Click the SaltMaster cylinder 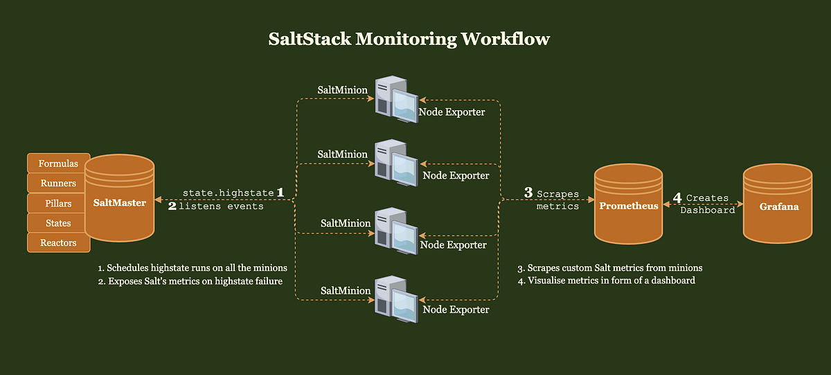(x=120, y=203)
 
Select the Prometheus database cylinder (x=629, y=205)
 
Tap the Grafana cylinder (x=778, y=205)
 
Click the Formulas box (x=58, y=164)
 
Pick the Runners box (x=58, y=184)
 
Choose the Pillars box (x=58, y=204)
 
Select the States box (x=58, y=223)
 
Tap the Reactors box (x=58, y=243)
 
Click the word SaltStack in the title (x=310, y=39)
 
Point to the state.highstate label (x=228, y=192)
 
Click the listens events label (x=221, y=207)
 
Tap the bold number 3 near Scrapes (x=528, y=193)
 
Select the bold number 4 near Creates (x=677, y=198)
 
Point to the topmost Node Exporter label (x=452, y=112)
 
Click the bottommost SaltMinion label (x=344, y=289)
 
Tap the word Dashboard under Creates (x=707, y=210)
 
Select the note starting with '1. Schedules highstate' (x=192, y=268)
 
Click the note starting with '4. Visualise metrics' (x=606, y=281)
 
